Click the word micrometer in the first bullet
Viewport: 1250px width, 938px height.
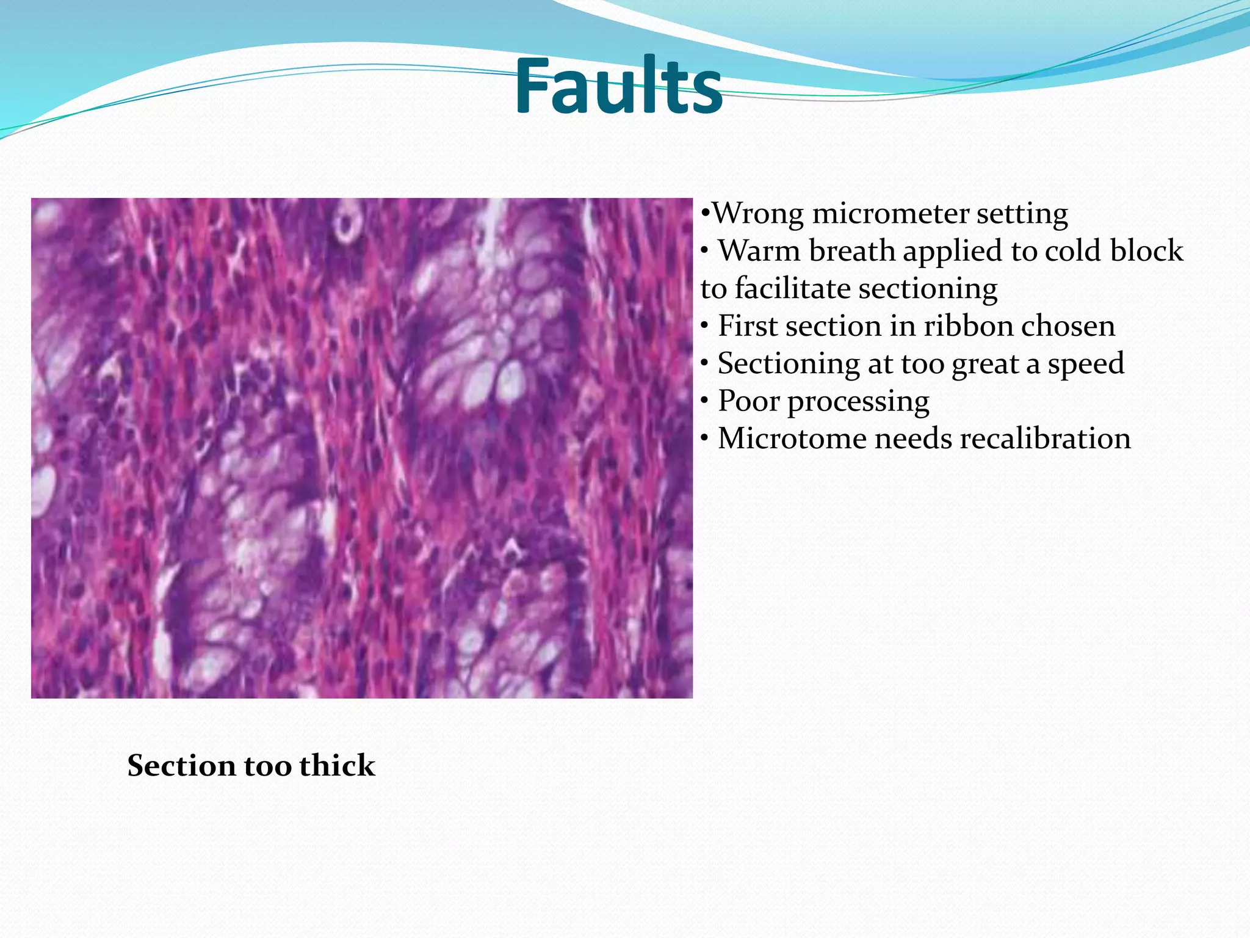[x=891, y=213]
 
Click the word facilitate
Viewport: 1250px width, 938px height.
[x=793, y=288]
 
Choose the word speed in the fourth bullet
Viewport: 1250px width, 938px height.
[x=1086, y=365]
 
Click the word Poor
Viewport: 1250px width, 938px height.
[x=750, y=401]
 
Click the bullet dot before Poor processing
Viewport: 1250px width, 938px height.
[x=705, y=402]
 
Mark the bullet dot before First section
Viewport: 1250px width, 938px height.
[x=705, y=327]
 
